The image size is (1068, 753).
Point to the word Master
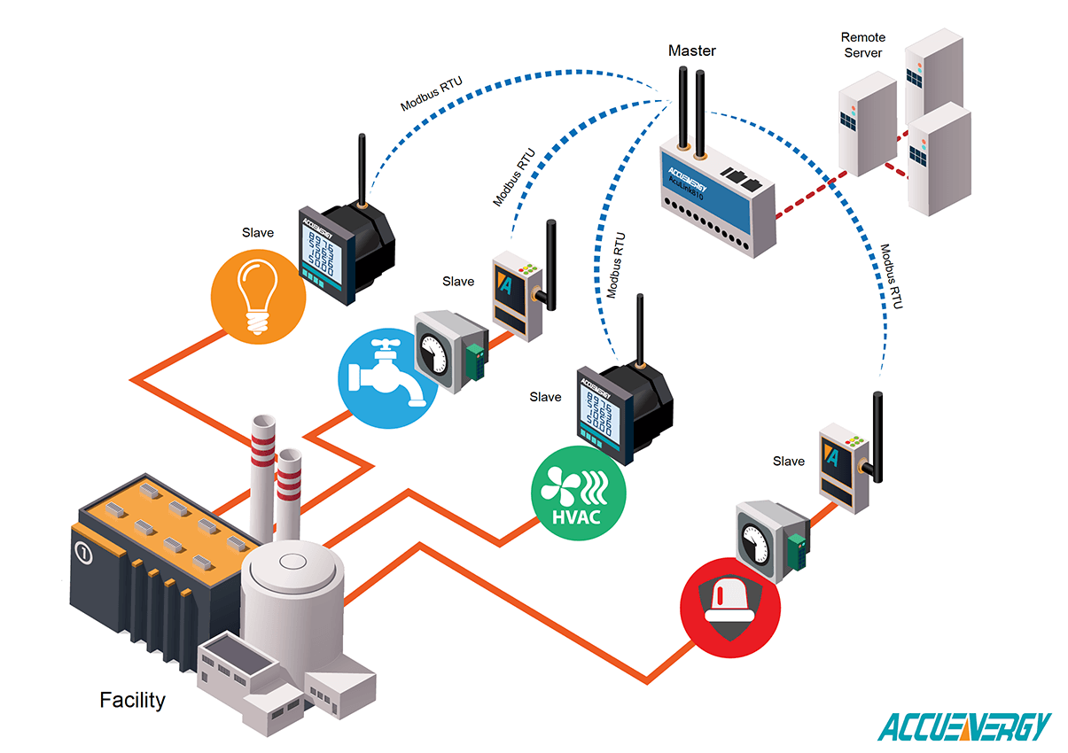point(691,50)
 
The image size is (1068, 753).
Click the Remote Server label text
point(861,45)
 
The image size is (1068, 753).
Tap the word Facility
point(132,700)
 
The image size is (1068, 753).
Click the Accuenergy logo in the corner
point(963,726)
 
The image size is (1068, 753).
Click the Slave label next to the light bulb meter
point(258,233)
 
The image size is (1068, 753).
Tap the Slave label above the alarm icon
point(788,461)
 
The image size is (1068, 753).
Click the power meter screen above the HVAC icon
point(599,412)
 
